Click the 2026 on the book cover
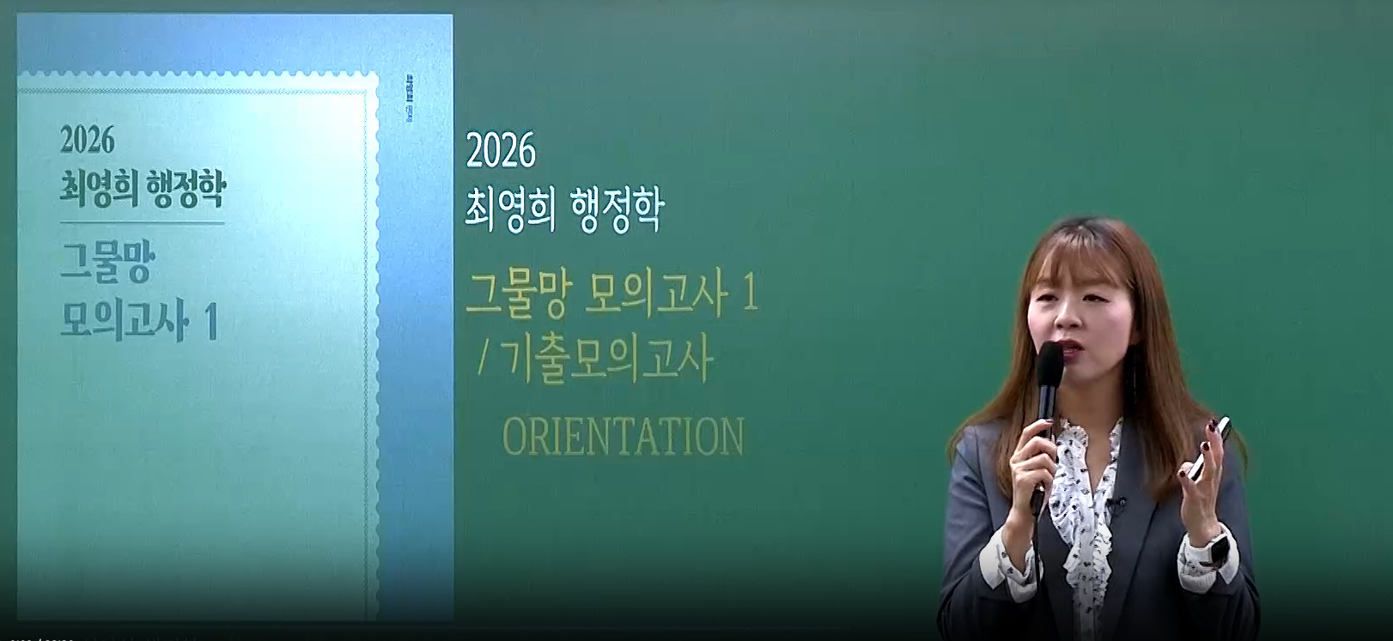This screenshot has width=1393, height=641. [x=87, y=141]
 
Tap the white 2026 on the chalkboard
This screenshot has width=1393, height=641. [x=501, y=151]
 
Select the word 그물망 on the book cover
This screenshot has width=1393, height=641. [x=106, y=262]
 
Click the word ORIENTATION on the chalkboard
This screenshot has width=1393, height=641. [x=623, y=437]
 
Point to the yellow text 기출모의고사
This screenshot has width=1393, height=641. [x=606, y=360]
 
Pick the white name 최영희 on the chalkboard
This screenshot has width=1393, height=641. [x=510, y=209]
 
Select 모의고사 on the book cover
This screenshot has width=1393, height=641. [x=125, y=322]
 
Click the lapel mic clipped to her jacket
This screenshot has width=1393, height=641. [x=1116, y=505]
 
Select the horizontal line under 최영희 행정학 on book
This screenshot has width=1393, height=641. [x=143, y=223]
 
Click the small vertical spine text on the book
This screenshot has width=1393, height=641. [x=410, y=99]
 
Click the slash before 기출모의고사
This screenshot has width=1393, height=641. [x=482, y=359]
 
